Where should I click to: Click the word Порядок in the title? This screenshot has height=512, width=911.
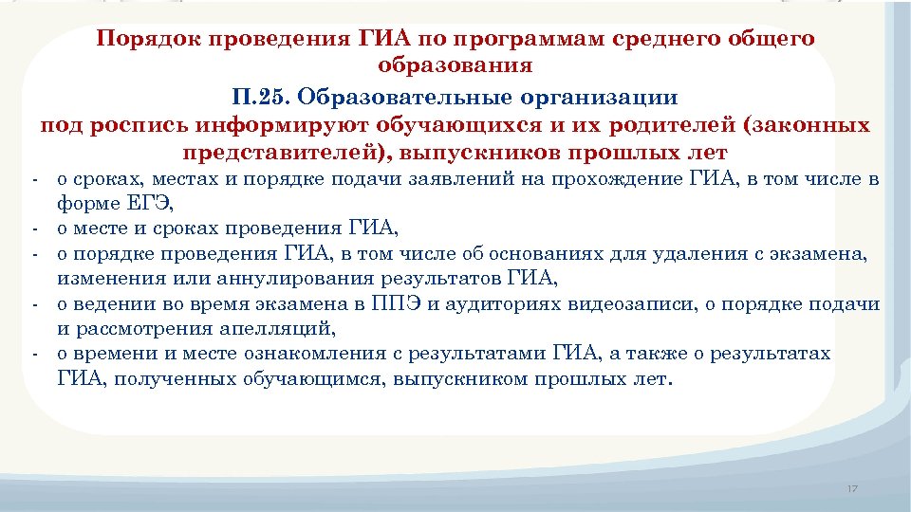pyautogui.click(x=145, y=40)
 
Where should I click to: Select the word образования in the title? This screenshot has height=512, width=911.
pyautogui.click(x=455, y=66)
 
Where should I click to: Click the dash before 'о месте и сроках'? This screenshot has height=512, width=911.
pyautogui.click(x=33, y=229)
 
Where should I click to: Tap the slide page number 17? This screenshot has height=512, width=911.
pyautogui.click(x=851, y=488)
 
